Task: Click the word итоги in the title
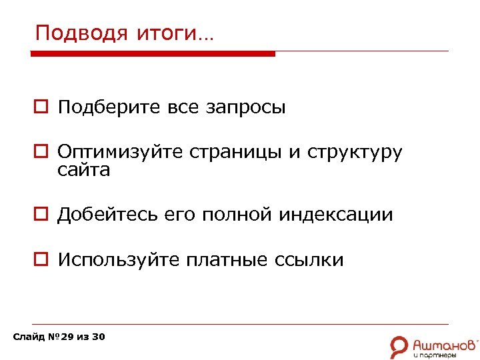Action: click(171, 33)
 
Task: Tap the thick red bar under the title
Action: click(154, 54)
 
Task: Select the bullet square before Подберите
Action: click(41, 107)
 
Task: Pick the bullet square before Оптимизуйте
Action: click(41, 152)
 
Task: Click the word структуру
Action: click(355, 153)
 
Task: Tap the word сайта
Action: click(83, 171)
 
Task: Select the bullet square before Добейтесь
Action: click(41, 215)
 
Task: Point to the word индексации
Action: click(336, 215)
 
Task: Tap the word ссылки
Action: click(309, 260)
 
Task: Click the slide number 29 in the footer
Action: click(67, 337)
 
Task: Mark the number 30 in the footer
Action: click(98, 337)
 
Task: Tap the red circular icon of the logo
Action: click(399, 345)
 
